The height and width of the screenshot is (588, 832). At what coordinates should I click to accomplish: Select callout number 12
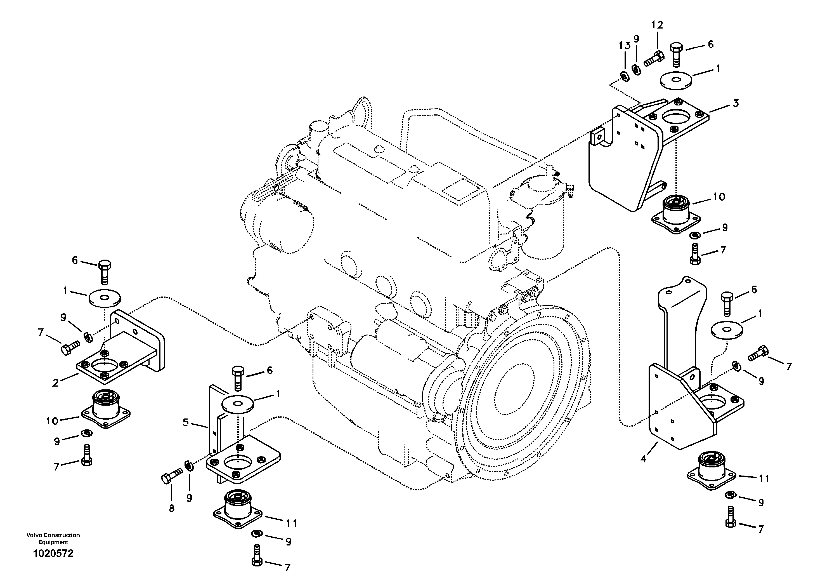point(657,25)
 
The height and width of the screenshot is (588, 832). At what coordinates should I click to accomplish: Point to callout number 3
point(735,103)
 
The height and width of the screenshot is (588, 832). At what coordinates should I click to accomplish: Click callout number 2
point(55,383)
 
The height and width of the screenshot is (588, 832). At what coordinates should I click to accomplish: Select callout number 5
point(186,422)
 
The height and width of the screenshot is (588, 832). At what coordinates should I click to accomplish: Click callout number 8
point(171,509)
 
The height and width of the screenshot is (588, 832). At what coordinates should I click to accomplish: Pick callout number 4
point(643,459)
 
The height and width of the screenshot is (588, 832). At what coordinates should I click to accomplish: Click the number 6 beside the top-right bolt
point(711,44)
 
